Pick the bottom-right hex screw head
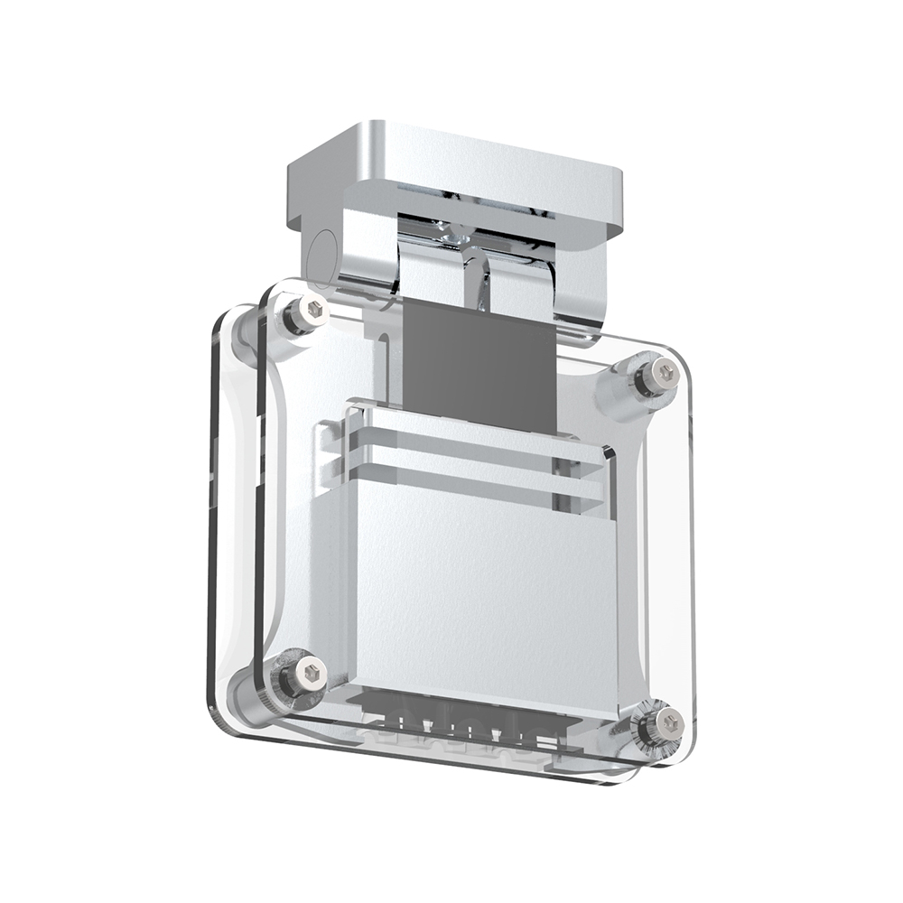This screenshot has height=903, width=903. tap(669, 722)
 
